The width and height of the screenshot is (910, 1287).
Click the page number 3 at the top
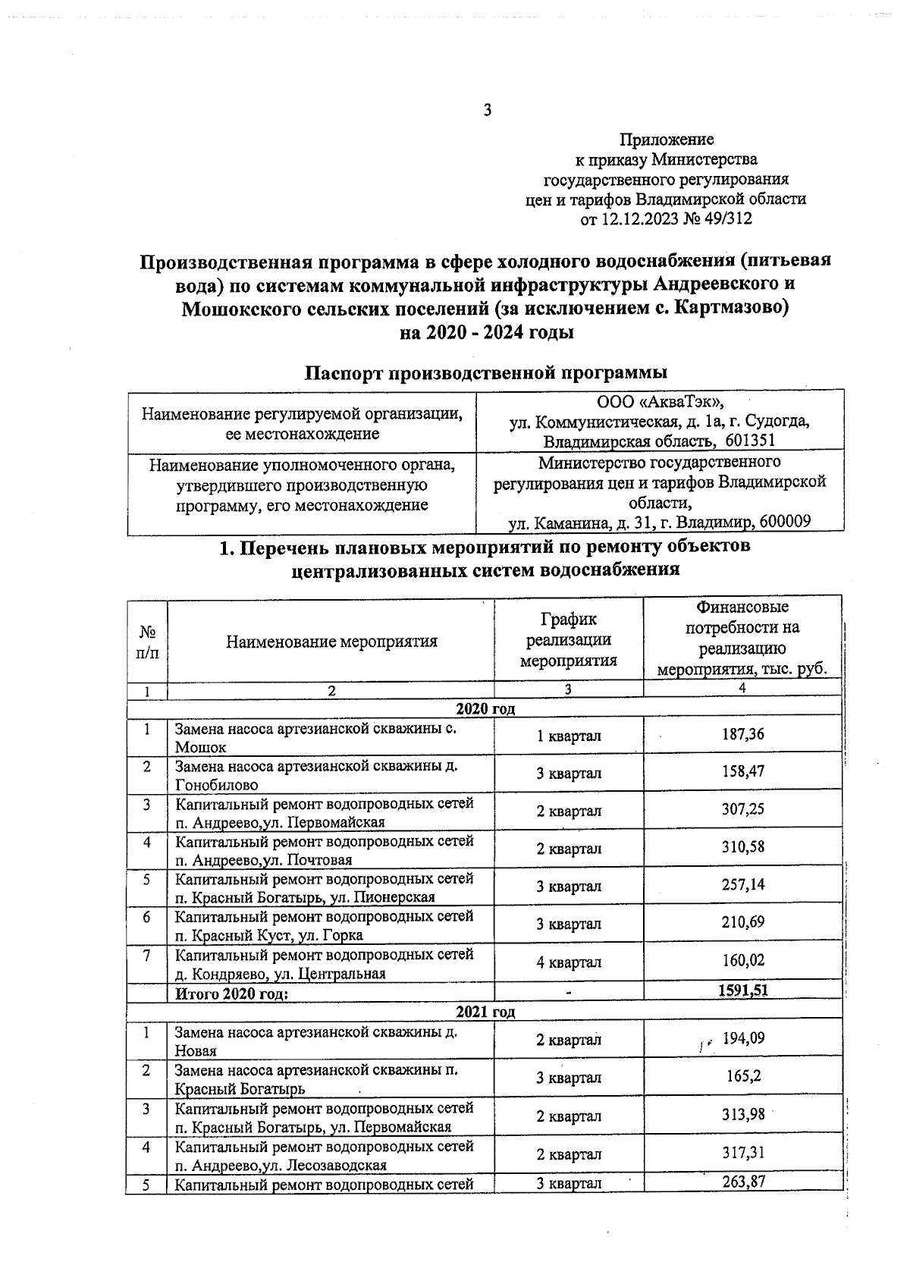pos(488,111)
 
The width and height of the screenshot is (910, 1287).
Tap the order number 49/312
pos(725,220)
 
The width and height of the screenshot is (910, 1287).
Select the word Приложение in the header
pos(667,140)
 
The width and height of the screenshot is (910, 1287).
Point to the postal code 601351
pos(750,441)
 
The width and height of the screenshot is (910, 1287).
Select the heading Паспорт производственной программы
pos(486,373)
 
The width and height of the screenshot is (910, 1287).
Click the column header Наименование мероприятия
pos(331,642)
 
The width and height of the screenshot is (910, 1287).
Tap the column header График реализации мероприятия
pos(569,641)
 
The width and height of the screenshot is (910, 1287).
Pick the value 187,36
pos(742,735)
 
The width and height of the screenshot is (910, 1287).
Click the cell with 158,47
pos(742,772)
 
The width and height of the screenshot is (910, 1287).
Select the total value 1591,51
pos(742,990)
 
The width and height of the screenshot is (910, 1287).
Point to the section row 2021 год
pos(485,1012)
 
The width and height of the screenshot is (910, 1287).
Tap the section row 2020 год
pos(485,709)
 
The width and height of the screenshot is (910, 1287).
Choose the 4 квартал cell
pos(569,962)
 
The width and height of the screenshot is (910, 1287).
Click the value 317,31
pos(742,1153)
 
